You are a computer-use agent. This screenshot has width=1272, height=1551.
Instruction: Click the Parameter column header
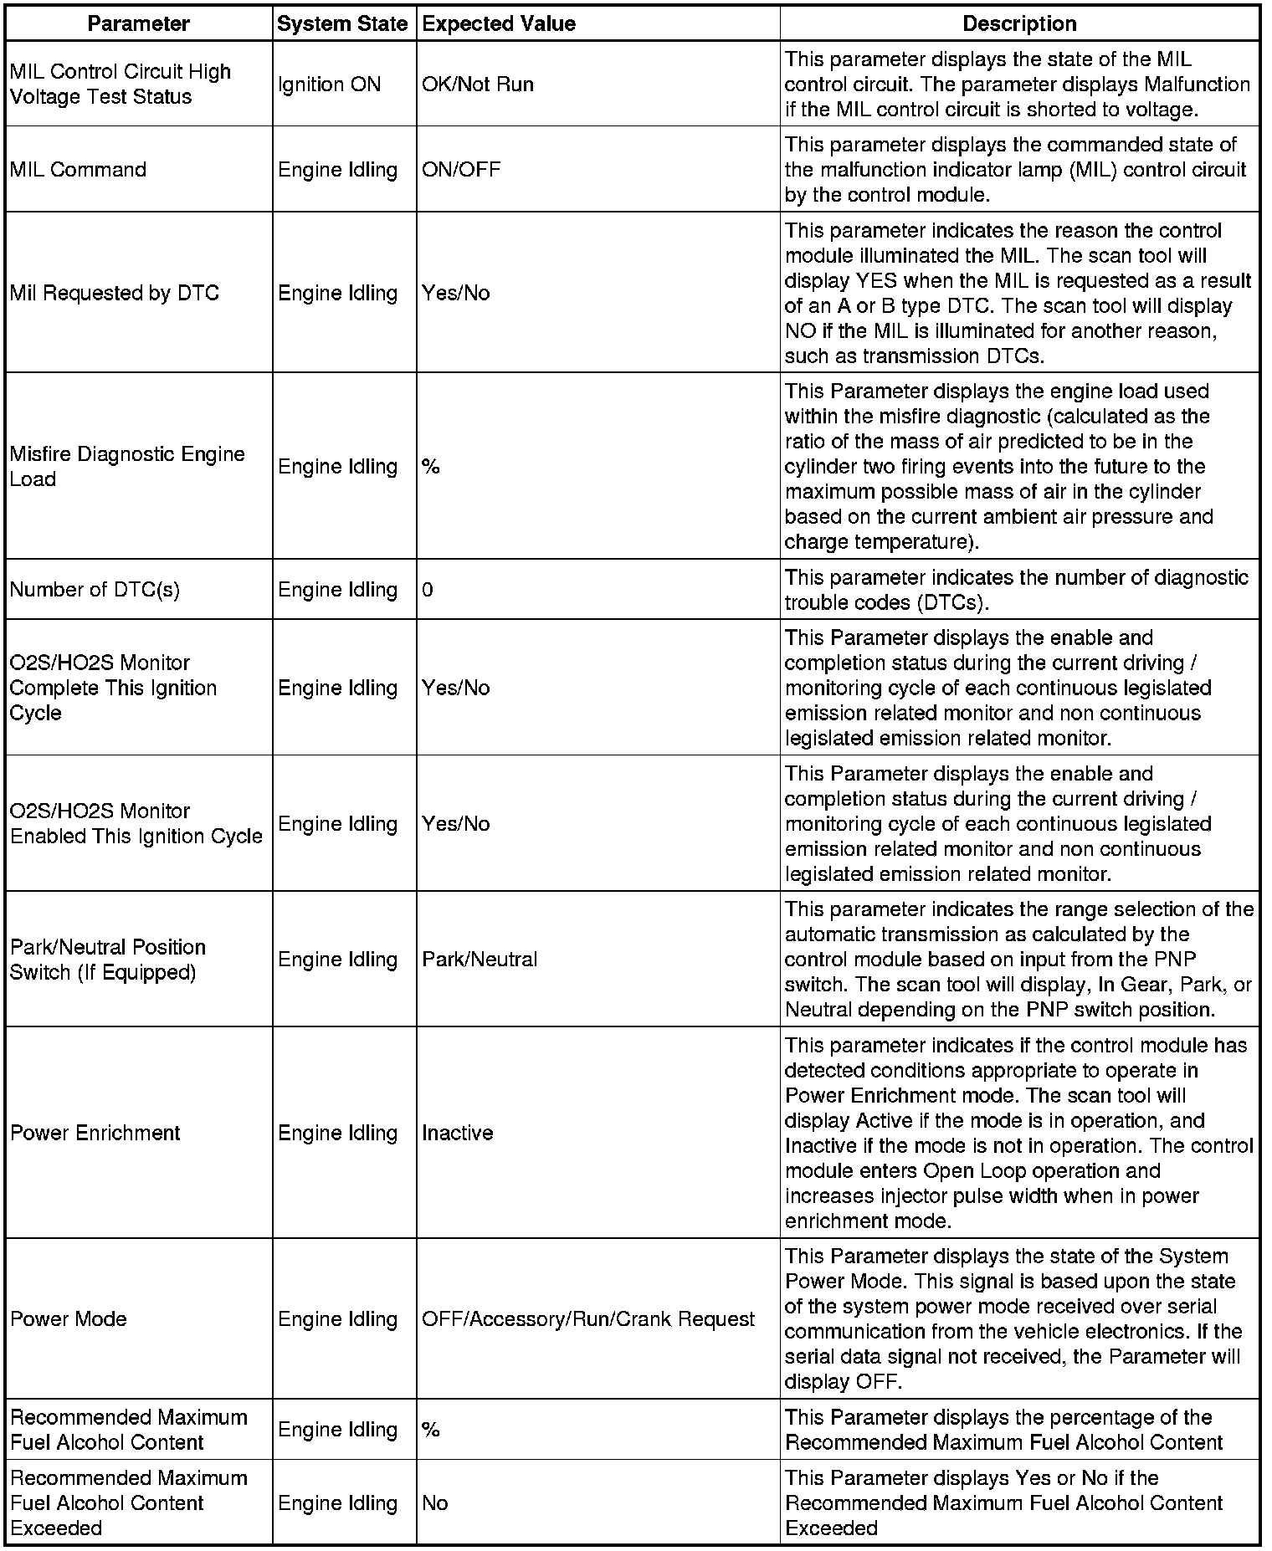(138, 23)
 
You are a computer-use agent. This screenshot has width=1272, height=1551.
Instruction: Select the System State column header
(342, 23)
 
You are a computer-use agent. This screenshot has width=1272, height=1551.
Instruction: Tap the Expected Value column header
(499, 23)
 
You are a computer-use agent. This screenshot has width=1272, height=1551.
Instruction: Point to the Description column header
(1019, 23)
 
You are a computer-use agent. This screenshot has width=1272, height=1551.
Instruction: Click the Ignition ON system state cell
(329, 84)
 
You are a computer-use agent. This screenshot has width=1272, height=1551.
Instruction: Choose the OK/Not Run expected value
(478, 84)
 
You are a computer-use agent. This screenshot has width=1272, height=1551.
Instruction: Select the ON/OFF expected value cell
(461, 170)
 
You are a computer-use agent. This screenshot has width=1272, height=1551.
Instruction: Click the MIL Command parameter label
(78, 170)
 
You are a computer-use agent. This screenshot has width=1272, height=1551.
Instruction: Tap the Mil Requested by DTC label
(115, 293)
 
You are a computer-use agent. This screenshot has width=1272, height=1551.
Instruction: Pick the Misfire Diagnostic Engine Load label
(127, 466)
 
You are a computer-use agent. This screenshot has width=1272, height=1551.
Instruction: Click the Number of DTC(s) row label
(95, 590)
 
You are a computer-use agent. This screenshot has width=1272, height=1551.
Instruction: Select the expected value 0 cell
(428, 590)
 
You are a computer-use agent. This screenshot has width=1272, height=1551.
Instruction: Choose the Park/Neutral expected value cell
(480, 959)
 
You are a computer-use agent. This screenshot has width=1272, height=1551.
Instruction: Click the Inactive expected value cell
(458, 1133)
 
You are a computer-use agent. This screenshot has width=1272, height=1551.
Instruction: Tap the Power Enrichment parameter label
(95, 1133)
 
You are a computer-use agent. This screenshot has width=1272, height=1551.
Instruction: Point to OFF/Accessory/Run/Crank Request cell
(588, 1318)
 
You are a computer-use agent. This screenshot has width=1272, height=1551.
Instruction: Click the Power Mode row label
(69, 1318)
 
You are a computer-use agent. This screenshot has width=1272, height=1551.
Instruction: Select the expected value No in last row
(435, 1502)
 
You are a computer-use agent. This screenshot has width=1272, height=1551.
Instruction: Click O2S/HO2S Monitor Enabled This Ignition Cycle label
(136, 823)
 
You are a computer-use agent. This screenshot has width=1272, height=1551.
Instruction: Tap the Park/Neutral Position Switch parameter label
(108, 959)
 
